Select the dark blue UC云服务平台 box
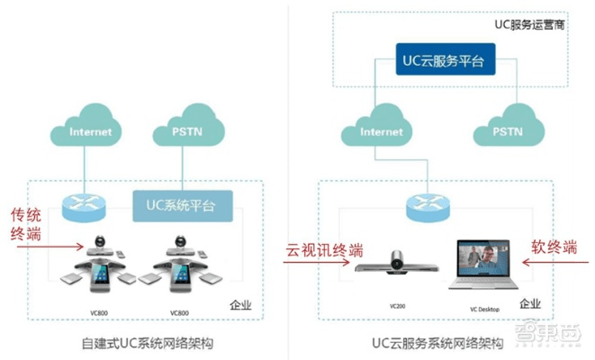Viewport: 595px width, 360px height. pos(444,60)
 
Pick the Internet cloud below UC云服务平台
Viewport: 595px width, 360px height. pos(381,132)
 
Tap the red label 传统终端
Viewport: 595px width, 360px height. pos(26,226)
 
